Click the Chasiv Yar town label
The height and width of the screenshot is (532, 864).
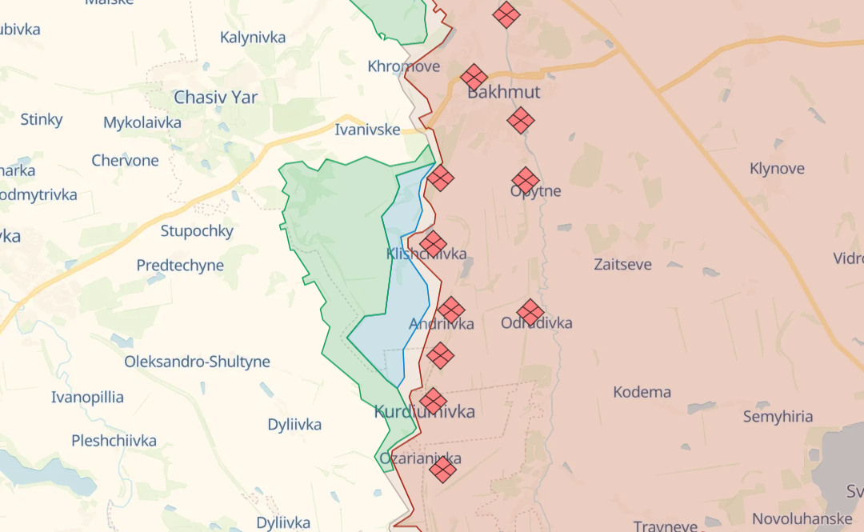(x=216, y=98)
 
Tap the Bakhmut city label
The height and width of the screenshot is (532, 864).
(x=503, y=92)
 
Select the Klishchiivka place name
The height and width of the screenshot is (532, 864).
(x=426, y=254)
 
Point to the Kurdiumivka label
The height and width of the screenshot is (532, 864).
(x=424, y=412)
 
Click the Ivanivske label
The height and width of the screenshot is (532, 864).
(x=367, y=130)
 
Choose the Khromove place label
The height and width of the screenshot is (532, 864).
(x=403, y=66)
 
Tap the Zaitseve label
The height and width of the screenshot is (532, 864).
(x=622, y=264)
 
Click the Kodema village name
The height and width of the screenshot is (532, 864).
(x=642, y=392)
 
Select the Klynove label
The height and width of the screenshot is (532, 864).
(x=777, y=169)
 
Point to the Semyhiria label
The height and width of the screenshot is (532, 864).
(x=778, y=417)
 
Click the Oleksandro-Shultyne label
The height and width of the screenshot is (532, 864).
(x=197, y=362)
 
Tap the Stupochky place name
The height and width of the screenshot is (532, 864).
(x=197, y=231)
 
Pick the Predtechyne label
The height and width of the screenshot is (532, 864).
(x=180, y=266)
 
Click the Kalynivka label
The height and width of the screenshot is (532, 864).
(x=253, y=38)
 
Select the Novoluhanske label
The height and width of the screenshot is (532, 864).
(x=807, y=519)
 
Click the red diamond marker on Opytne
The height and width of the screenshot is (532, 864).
(x=526, y=181)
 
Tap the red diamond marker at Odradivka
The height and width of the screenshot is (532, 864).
(x=530, y=313)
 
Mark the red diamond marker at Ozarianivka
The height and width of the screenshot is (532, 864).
(x=442, y=469)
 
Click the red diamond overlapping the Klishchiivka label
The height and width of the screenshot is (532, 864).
(x=433, y=243)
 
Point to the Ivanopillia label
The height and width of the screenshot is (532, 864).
(x=87, y=398)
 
